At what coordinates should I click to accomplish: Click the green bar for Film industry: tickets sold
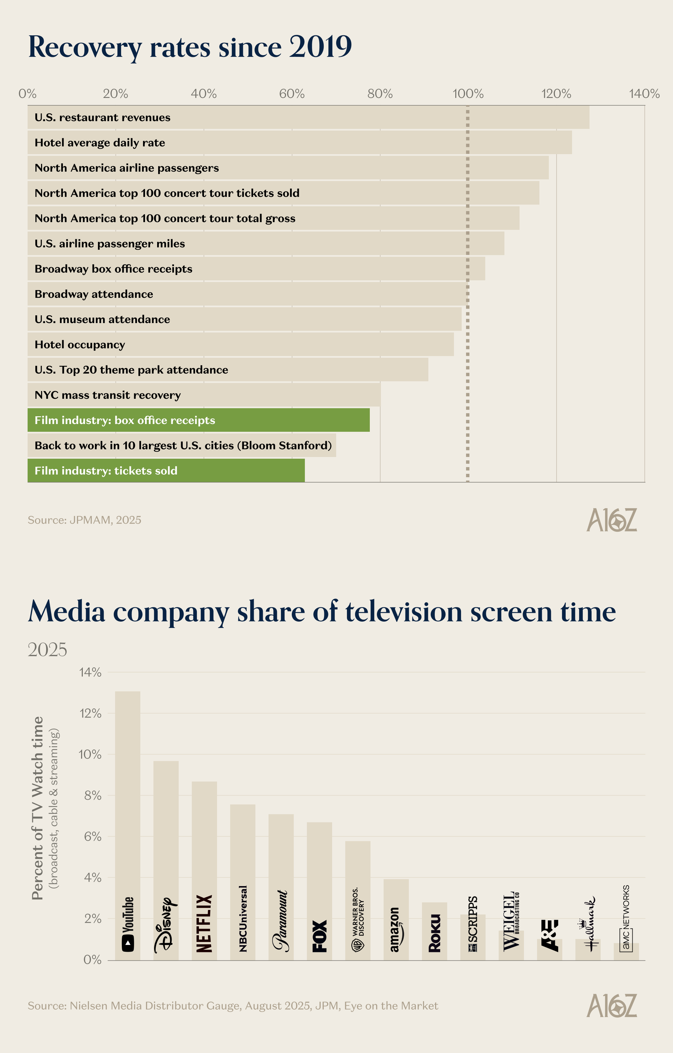point(166,470)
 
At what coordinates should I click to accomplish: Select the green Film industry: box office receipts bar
point(199,420)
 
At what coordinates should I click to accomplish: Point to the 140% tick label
point(644,94)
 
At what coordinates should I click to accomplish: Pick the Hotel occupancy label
point(80,345)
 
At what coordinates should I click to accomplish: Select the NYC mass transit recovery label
point(108,395)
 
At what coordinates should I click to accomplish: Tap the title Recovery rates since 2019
point(190,47)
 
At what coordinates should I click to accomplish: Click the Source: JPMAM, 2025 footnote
point(84,520)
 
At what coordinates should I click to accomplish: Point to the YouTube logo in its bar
point(128,924)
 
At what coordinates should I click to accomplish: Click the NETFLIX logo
point(204,923)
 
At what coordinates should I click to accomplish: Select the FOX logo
point(319,936)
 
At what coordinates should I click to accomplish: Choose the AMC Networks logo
point(626,918)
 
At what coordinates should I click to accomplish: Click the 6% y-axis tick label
point(92,837)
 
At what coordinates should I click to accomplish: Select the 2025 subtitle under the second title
point(47,650)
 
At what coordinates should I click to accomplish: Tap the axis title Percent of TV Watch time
point(38,808)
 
